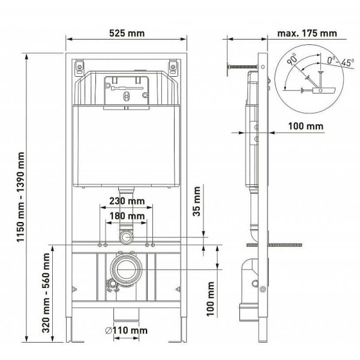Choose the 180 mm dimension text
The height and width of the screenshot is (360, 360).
coord(126,216)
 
